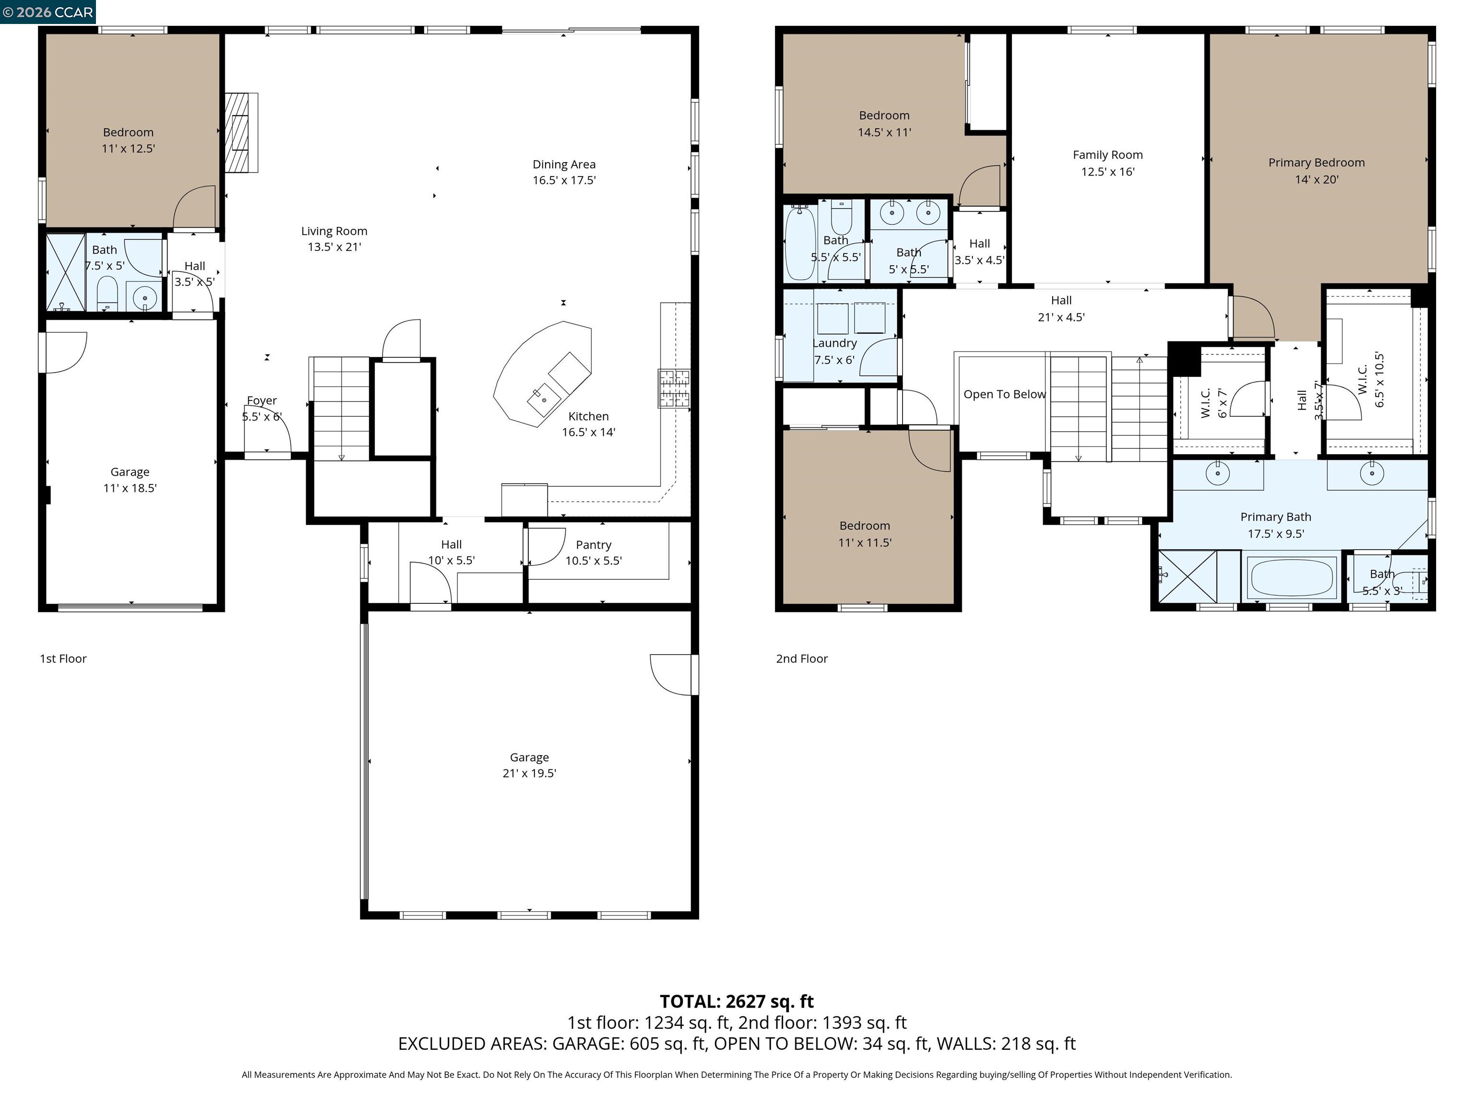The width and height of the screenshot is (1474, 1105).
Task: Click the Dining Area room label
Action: click(564, 165)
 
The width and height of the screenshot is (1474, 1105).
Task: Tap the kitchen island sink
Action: click(543, 399)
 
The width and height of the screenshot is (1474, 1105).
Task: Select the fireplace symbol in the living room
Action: click(240, 132)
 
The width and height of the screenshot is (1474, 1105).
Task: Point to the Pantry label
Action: click(593, 545)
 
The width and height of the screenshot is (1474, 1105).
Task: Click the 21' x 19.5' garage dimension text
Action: click(529, 773)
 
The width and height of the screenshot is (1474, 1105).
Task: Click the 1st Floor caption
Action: click(63, 659)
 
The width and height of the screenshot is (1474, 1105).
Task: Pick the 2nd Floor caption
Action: click(802, 659)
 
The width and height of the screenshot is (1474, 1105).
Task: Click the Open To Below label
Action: click(1004, 394)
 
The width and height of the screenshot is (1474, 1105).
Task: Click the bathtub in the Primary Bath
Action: click(1293, 577)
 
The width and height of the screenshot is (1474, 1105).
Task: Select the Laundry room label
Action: click(834, 343)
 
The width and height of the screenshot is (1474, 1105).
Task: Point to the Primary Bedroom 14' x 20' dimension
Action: click(1316, 179)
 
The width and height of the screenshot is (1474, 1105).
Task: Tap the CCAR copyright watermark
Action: click(48, 12)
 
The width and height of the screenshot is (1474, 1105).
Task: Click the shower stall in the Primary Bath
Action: click(1188, 576)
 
